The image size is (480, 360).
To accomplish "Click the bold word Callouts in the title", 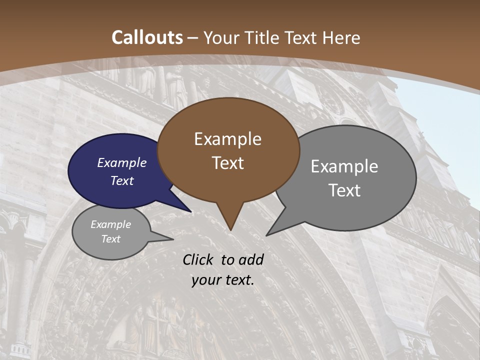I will [x=147, y=37].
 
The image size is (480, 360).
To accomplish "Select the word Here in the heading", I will [x=342, y=37].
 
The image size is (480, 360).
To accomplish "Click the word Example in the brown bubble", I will [x=227, y=139].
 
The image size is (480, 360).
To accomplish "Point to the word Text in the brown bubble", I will [x=227, y=163].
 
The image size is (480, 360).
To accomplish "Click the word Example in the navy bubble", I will [x=122, y=162].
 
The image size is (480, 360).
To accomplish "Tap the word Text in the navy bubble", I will [x=122, y=180].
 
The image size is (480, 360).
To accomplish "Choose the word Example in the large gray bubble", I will [x=344, y=166].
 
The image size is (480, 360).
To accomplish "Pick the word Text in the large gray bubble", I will [x=344, y=190].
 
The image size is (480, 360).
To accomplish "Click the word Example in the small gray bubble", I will [x=111, y=224].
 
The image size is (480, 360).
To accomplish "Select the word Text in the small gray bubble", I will [x=111, y=239].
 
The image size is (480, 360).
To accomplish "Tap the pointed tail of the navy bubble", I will [x=190, y=211].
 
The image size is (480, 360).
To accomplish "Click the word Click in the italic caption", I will [x=199, y=259].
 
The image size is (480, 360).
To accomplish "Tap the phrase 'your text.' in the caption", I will [x=223, y=280].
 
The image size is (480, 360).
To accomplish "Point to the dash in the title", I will [x=193, y=37].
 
